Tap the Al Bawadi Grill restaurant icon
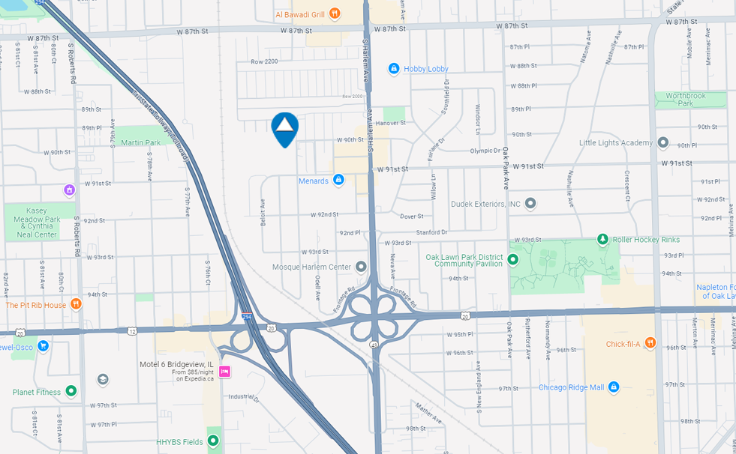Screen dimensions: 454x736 [335, 13]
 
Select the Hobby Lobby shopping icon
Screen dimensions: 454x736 [393, 69]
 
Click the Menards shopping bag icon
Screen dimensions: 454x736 [338, 181]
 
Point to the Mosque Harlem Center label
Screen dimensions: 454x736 [311, 267]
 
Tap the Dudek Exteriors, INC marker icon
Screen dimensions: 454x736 [530, 203]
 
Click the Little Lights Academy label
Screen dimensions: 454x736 [616, 142]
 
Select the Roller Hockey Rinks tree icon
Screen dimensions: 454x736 [602, 239]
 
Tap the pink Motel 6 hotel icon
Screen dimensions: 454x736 [224, 372]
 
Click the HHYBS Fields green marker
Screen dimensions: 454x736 [213, 441]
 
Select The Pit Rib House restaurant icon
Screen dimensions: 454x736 [76, 304]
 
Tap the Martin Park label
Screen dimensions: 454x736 [141, 142]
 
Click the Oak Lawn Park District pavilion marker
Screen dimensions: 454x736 [512, 260]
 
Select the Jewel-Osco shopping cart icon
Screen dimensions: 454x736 [43, 346]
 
